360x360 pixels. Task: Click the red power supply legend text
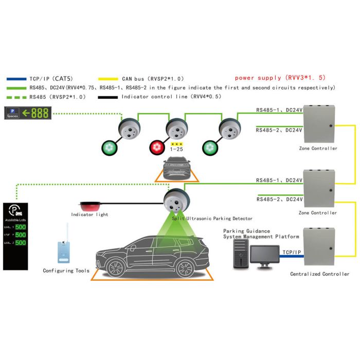(279, 78)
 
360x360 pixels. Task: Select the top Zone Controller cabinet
(318, 125)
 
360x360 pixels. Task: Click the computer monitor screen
(265, 254)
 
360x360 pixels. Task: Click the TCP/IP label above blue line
(292, 253)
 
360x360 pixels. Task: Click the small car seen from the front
(176, 169)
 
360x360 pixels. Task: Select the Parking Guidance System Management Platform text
(261, 234)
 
